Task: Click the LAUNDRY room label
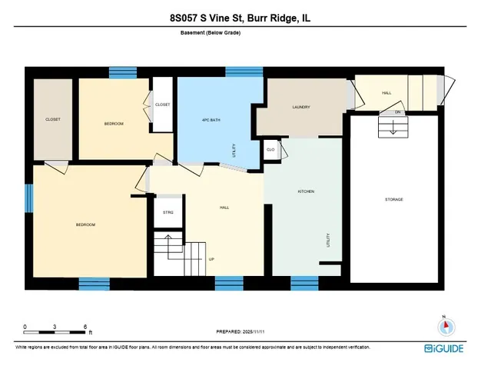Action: pyautogui.click(x=300, y=108)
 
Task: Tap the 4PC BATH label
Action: pyautogui.click(x=211, y=120)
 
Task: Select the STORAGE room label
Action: pyautogui.click(x=393, y=200)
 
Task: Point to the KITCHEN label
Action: pyautogui.click(x=306, y=191)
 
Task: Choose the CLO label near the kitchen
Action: pyautogui.click(x=270, y=148)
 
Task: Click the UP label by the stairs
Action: pyautogui.click(x=211, y=259)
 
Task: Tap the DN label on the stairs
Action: pyautogui.click(x=398, y=112)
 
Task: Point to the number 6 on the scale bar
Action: pyautogui.click(x=86, y=326)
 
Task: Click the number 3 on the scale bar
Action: pyautogui.click(x=55, y=326)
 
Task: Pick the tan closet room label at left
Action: pyautogui.click(x=52, y=119)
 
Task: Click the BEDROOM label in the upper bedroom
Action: pyautogui.click(x=114, y=123)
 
